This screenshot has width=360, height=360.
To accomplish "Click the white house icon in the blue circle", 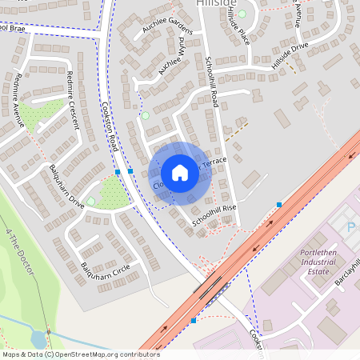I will click(x=180, y=173).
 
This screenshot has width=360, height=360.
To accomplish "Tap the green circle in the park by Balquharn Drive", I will click(x=91, y=201).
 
